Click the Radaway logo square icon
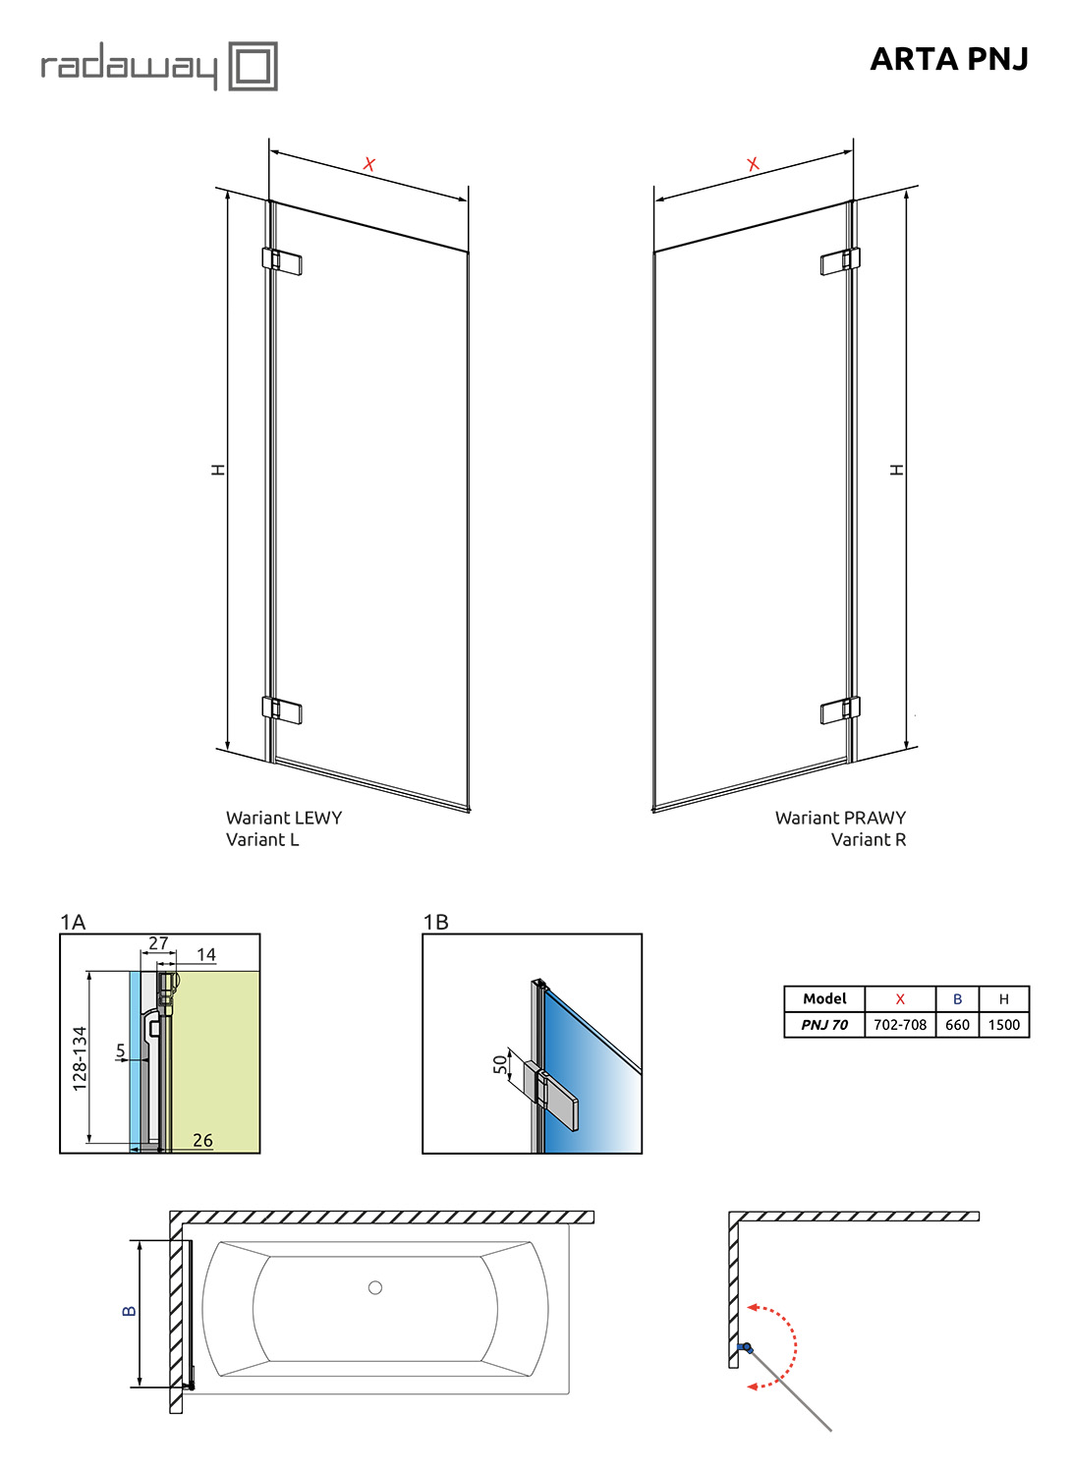[x=253, y=66]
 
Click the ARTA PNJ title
[x=948, y=59]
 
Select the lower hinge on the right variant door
[x=840, y=710]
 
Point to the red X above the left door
[x=369, y=164]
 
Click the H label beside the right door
[x=896, y=469]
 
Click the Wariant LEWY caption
[x=284, y=818]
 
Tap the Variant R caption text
[x=868, y=839]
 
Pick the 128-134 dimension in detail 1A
[x=80, y=1058]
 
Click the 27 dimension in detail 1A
[x=158, y=943]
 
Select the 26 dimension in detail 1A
[x=202, y=1140]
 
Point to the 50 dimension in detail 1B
[x=500, y=1064]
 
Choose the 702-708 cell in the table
[x=900, y=1025]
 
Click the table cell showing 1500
[x=1003, y=1025]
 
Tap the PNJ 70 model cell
[x=824, y=1025]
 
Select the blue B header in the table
[x=957, y=999]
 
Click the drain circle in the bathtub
[x=375, y=1287]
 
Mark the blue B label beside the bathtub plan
[x=130, y=1311]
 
